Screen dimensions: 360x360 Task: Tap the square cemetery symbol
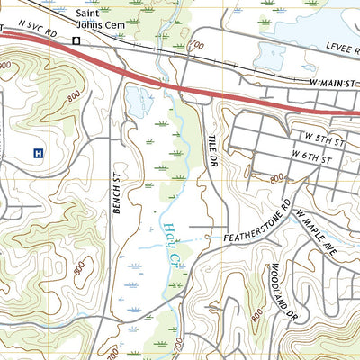point(77,40)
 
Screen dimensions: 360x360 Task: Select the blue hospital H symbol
point(38,153)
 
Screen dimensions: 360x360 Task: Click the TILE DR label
point(215,143)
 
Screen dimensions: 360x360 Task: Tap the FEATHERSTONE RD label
point(258,228)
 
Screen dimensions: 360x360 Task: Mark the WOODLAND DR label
point(282,291)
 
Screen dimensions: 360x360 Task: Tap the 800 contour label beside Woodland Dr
point(260,311)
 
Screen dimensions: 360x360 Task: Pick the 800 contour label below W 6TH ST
point(276,178)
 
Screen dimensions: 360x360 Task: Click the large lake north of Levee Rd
point(306,22)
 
